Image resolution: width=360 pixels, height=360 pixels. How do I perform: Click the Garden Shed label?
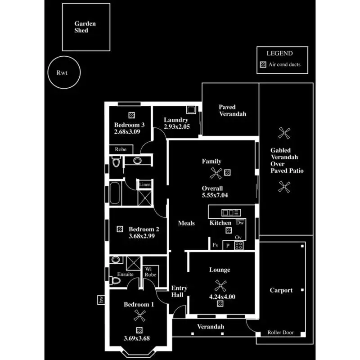(85, 27)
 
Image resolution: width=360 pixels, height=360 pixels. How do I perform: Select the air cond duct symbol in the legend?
(263, 64)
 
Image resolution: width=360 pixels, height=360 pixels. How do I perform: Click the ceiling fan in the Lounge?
(220, 286)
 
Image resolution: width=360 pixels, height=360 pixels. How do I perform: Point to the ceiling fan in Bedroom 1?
(139, 315)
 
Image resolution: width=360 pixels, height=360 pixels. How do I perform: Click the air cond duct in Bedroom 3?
(131, 115)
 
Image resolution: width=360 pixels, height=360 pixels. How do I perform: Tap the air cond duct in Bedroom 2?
(120, 229)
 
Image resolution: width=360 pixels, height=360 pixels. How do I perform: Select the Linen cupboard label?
(145, 184)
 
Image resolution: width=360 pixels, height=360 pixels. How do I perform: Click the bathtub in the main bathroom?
(115, 193)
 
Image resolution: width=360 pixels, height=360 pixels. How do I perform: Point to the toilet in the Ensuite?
(116, 280)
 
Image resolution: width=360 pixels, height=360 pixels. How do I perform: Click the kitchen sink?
(231, 212)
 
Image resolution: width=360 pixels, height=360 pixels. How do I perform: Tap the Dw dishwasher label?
(240, 222)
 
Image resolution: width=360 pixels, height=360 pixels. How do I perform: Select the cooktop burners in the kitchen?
(239, 245)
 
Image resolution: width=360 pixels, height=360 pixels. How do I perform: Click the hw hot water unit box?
(101, 300)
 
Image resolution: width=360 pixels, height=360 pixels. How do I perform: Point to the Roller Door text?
(280, 333)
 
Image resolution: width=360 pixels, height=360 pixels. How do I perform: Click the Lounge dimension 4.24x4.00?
(222, 297)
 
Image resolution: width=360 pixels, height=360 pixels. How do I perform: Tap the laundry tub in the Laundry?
(191, 109)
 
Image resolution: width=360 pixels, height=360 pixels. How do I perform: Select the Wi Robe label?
(150, 272)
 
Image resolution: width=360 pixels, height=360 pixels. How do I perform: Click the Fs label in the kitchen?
(215, 245)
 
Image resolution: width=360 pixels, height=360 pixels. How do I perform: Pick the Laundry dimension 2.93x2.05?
(177, 126)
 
